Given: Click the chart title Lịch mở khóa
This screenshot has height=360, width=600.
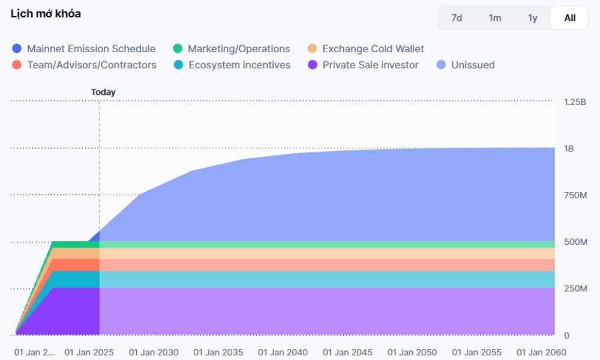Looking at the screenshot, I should point(46,14).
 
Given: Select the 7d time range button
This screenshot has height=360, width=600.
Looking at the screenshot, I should point(457,18).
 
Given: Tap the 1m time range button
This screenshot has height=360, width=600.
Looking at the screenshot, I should point(494,18).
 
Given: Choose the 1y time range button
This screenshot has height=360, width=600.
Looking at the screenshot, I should point(533,18).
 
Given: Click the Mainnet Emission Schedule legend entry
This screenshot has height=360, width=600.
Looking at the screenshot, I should point(91,49).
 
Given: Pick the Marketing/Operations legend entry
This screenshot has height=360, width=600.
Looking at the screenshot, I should point(238,49).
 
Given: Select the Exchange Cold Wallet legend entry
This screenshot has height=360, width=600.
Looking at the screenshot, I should point(373,49).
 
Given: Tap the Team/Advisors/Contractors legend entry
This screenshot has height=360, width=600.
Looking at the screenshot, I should point(91,65).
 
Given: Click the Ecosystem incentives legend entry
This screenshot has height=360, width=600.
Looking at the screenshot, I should point(239,65).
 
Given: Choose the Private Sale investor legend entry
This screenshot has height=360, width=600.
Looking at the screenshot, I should point(370,65).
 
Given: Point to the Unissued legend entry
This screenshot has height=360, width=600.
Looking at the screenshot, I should point(472,65).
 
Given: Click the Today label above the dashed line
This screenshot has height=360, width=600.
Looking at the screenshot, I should point(103,92).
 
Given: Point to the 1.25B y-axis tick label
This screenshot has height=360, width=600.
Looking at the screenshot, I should point(575,102).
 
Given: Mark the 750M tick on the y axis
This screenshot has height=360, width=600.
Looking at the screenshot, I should point(575,195).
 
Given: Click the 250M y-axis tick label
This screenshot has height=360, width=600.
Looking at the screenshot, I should point(575,289).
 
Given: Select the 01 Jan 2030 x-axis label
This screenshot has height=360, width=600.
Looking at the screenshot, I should point(153,352).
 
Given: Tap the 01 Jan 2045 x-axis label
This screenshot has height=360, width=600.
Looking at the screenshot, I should point(347,352).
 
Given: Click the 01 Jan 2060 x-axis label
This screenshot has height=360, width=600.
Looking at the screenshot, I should point(541,352).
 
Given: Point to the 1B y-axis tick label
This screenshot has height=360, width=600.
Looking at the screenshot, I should point(569,148).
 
